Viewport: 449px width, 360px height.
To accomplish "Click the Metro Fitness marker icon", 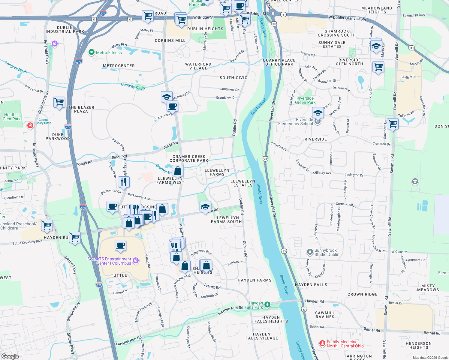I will coord(91,52).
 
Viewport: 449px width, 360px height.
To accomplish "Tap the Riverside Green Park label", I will coord(305,100).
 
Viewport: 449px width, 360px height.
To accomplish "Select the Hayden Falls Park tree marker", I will coord(267,305).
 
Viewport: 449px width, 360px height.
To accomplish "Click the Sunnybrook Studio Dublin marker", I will coord(309,252).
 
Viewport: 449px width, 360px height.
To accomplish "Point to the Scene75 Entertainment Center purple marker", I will coord(136,260).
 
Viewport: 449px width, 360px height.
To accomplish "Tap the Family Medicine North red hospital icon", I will coord(322,343).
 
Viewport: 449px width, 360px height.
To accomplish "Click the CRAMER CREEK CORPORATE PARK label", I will coord(189,158).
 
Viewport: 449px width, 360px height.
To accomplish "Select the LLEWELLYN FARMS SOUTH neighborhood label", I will coord(226,220).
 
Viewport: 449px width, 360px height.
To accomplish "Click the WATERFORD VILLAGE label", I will coord(198,66).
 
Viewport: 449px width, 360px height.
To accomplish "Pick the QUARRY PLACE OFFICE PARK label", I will coord(279,62).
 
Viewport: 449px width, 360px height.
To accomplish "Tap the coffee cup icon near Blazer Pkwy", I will coord(173,106).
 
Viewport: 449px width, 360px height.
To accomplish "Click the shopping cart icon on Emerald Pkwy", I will coord(59,102).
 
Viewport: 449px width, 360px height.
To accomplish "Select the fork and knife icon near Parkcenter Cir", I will coord(123,181).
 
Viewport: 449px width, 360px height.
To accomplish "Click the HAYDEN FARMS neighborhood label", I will coord(255,280).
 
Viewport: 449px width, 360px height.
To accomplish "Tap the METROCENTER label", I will coord(119,66).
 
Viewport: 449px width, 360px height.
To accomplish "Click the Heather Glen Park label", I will coord(12,117).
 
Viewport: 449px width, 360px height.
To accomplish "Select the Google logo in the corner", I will coord(10,356).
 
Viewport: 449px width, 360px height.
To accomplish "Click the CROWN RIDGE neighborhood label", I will coord(362,294).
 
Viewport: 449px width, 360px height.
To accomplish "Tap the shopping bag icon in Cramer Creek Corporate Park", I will coord(177,171).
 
